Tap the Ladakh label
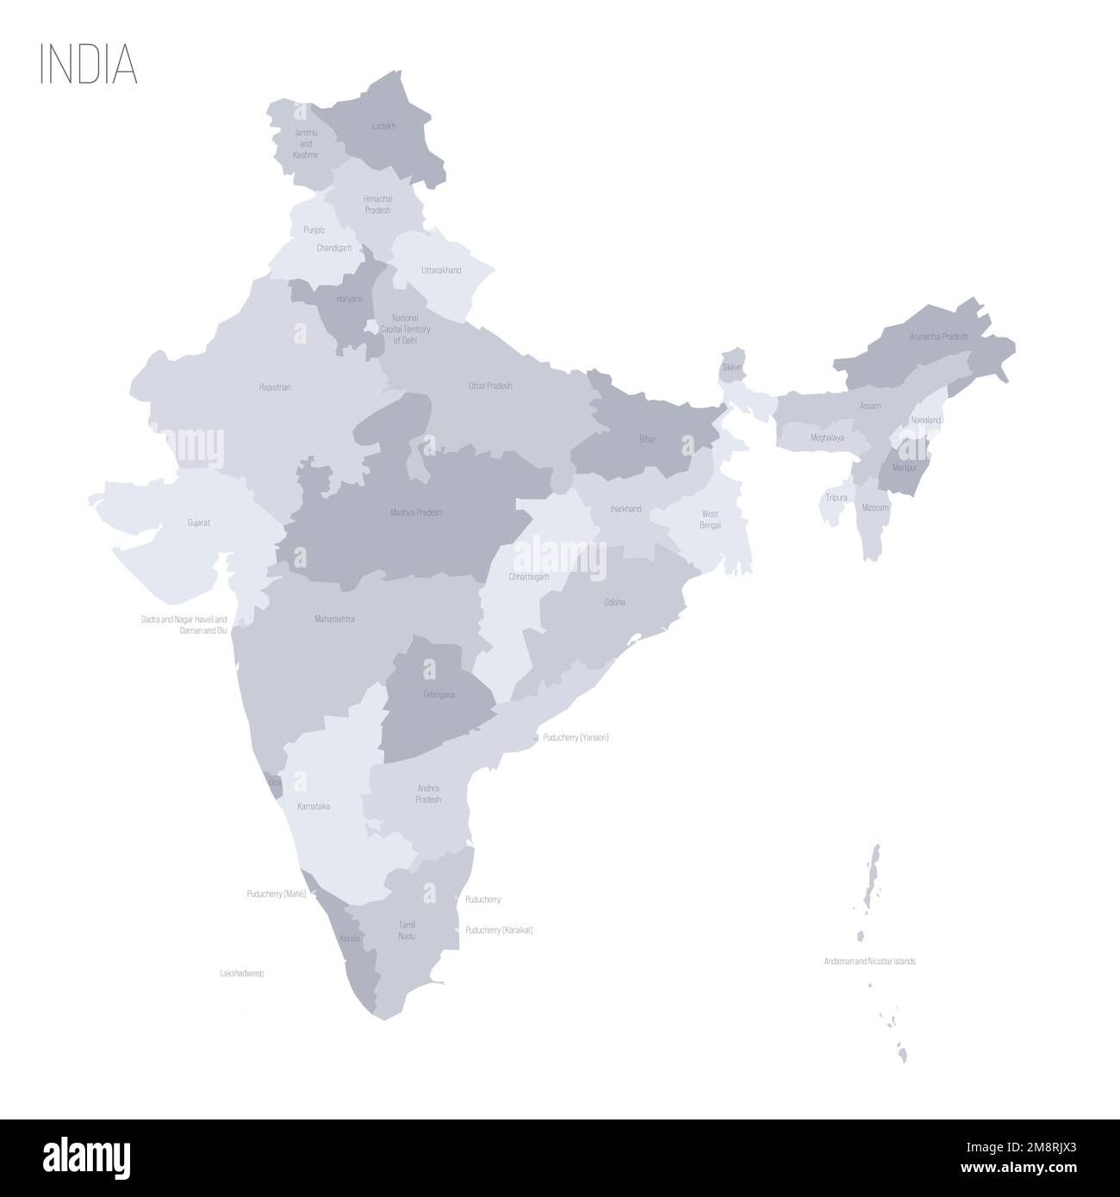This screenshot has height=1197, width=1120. coord(383,126)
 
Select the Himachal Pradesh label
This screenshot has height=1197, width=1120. coord(377,204)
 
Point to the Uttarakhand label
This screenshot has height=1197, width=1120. coord(441,270)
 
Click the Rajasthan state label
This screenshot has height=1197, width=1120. coord(275,388)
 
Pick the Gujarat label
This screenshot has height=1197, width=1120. coord(200,522)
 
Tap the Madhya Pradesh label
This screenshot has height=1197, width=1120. coord(415,512)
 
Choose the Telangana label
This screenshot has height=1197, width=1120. coord(439,694)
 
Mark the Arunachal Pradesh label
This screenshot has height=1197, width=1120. coord(938,337)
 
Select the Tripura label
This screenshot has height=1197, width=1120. coord(835,498)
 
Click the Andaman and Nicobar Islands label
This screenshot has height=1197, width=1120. coord(869,960)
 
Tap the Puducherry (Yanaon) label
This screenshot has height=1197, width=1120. coord(576,738)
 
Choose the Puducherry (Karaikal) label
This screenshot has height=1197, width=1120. coord(499,930)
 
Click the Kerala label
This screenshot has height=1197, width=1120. coord(349,938)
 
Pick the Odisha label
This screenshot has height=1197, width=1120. coord(615,602)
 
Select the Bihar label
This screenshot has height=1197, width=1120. coord(648,439)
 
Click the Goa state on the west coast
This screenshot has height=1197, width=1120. coord(274,781)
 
